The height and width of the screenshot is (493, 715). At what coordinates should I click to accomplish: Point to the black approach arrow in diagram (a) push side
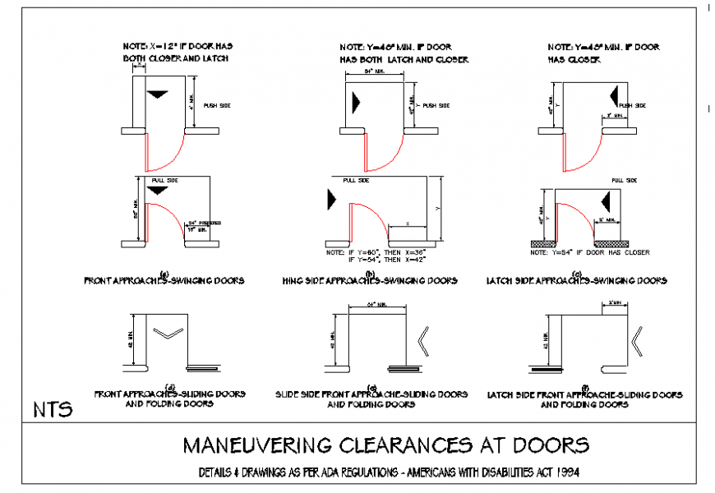click(x=156, y=96)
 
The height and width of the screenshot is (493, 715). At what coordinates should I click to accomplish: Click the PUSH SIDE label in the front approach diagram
click(x=218, y=105)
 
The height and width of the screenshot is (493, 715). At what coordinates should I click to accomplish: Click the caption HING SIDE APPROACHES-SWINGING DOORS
click(x=370, y=281)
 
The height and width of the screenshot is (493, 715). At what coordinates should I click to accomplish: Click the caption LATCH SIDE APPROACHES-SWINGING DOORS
click(x=576, y=281)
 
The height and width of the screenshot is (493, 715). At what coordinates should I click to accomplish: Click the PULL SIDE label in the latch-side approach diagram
click(x=624, y=179)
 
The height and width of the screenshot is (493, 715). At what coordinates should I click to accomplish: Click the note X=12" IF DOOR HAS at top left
click(x=172, y=47)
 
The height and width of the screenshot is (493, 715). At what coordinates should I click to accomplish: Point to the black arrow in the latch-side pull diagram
click(x=607, y=200)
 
